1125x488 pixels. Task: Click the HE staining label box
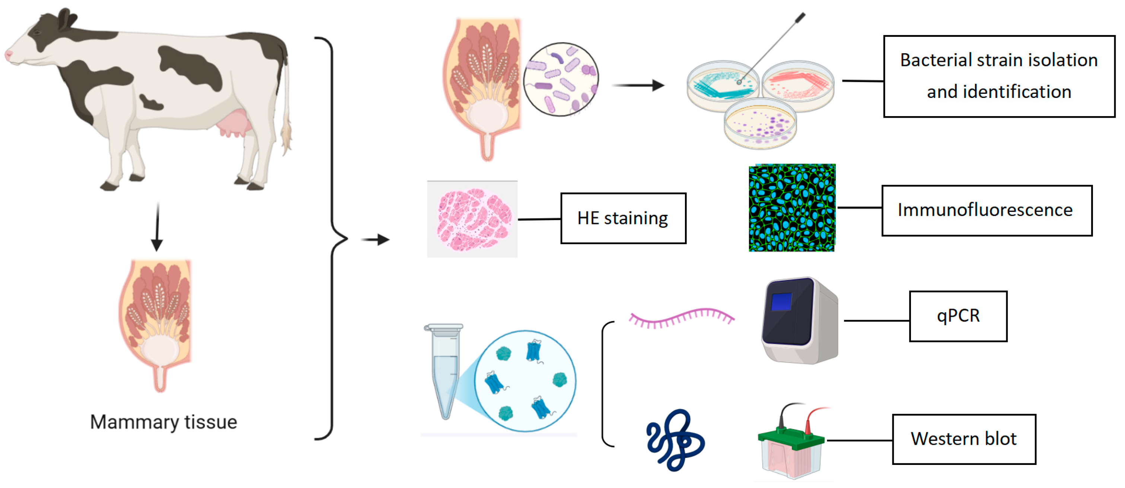(623, 218)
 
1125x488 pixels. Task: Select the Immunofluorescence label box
(986, 210)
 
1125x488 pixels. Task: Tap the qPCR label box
(958, 316)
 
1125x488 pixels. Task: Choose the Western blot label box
(963, 439)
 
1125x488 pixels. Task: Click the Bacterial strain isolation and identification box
(999, 76)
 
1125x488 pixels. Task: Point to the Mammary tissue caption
(163, 422)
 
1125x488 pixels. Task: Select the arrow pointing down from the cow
(157, 227)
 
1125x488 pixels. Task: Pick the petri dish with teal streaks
(723, 85)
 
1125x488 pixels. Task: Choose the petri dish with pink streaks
(798, 85)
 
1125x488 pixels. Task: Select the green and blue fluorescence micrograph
(792, 208)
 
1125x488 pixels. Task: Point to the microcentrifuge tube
(444, 371)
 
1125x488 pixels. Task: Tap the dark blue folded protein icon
(675, 440)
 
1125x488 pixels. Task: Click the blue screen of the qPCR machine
(781, 302)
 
